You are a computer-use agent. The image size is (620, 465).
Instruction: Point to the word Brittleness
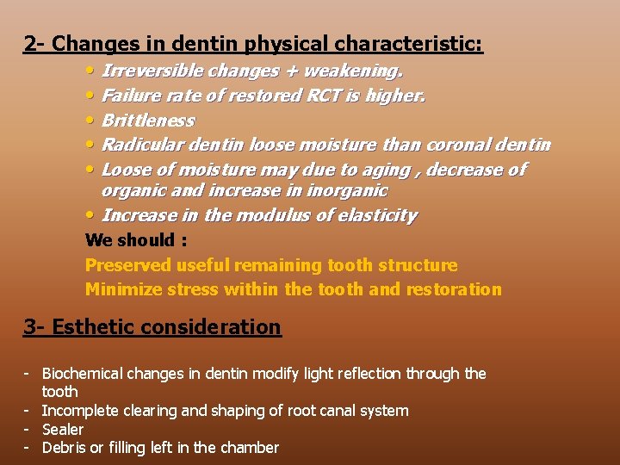148,121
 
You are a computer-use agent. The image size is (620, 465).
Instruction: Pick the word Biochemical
83,374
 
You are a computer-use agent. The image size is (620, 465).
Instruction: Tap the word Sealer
63,430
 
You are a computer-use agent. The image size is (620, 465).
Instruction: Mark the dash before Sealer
28,429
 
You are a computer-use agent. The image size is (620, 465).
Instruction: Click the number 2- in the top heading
35,43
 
